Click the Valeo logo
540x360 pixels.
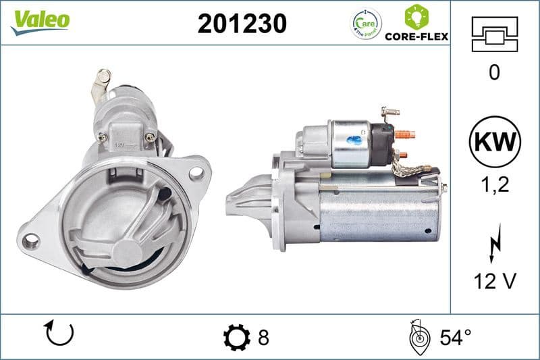39,20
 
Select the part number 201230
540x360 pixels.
242,24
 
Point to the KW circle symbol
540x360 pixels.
494,141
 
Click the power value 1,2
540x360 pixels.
494,184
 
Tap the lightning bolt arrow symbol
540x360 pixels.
493,241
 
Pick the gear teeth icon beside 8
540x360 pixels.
236,336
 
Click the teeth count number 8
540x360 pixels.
263,336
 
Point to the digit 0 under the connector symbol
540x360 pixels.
494,72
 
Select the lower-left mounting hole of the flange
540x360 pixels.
29,240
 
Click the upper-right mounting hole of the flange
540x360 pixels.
197,172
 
